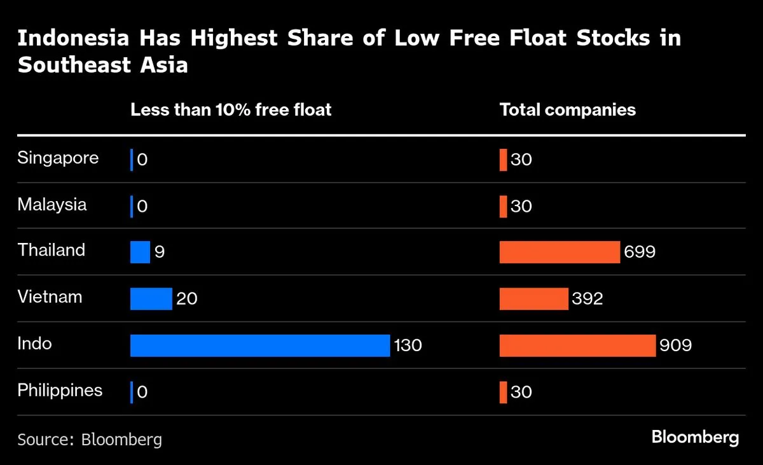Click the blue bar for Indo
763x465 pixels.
click(x=259, y=345)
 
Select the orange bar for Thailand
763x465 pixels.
click(x=560, y=252)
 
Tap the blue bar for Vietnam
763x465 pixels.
click(x=151, y=298)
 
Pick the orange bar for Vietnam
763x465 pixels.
click(x=533, y=298)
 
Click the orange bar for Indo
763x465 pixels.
click(x=577, y=345)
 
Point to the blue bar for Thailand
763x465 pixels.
click(x=140, y=252)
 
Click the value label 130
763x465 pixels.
click(x=408, y=346)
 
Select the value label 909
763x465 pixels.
click(x=675, y=346)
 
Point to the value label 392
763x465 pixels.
click(x=587, y=299)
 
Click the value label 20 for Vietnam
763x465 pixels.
click(x=187, y=299)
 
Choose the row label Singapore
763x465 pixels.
click(x=58, y=158)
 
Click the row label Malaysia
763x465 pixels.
click(x=52, y=205)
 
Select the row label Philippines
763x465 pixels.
click(x=60, y=390)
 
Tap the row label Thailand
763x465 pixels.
click(x=52, y=250)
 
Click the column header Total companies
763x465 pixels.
click(x=567, y=109)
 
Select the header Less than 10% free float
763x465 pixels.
click(x=231, y=109)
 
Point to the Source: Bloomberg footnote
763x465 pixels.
click(x=90, y=439)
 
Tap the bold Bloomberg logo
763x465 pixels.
click(x=695, y=438)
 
